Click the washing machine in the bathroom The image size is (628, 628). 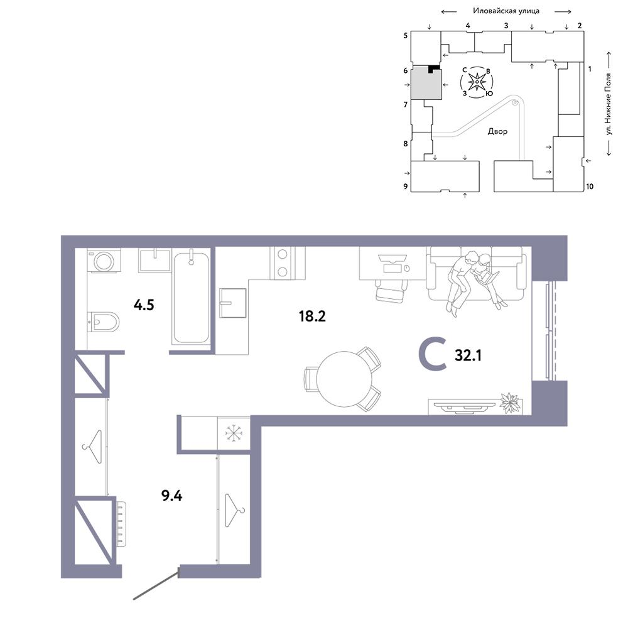click(104, 261)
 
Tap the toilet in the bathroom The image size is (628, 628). click(104, 322)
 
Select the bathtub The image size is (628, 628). click(191, 297)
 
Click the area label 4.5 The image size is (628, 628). click(144, 305)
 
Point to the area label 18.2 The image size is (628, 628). click(312, 317)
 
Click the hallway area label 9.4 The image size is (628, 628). click(172, 496)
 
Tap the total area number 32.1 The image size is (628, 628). click(468, 355)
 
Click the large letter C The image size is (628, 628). click(432, 354)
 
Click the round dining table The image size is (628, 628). click(344, 379)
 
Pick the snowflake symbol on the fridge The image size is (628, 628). click(233, 433)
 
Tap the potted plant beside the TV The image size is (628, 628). click(510, 403)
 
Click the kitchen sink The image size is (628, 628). click(233, 303)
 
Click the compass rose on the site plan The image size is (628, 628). click(477, 82)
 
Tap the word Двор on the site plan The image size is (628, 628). click(497, 131)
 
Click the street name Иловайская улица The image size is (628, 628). click(506, 11)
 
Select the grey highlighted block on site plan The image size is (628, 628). click(427, 84)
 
